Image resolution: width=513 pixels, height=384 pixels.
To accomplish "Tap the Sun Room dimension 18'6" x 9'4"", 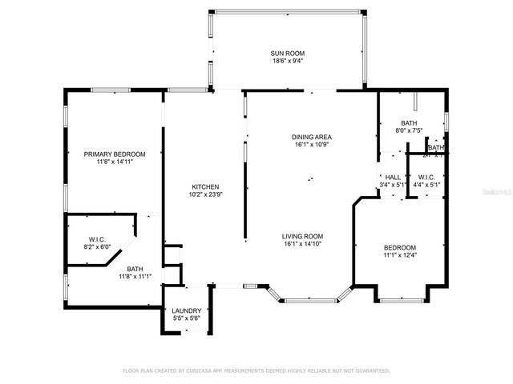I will (286, 60).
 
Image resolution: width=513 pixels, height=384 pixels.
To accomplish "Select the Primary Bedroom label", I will (115, 154).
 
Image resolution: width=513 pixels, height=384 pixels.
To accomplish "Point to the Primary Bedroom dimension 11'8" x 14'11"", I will (115, 162).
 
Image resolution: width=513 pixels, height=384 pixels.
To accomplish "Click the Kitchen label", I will (204, 186).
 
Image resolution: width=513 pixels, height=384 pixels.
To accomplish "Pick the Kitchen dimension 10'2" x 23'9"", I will (204, 194).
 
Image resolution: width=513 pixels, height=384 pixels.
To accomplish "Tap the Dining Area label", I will (311, 137).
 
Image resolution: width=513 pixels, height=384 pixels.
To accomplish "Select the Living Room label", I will (302, 236).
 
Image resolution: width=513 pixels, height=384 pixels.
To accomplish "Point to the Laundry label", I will (186, 311).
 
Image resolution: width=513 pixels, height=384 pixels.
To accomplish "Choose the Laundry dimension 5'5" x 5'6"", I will (186, 319).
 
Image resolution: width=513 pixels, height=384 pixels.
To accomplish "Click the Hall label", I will (393, 178).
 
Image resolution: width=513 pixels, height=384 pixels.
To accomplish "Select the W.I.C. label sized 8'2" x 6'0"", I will (96, 239).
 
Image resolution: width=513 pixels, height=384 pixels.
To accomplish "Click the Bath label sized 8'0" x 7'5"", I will (409, 122).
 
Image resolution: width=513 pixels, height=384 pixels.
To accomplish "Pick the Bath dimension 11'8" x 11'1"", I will (135, 277).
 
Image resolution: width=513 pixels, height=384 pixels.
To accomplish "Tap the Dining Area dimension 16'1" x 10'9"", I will (311, 145).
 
